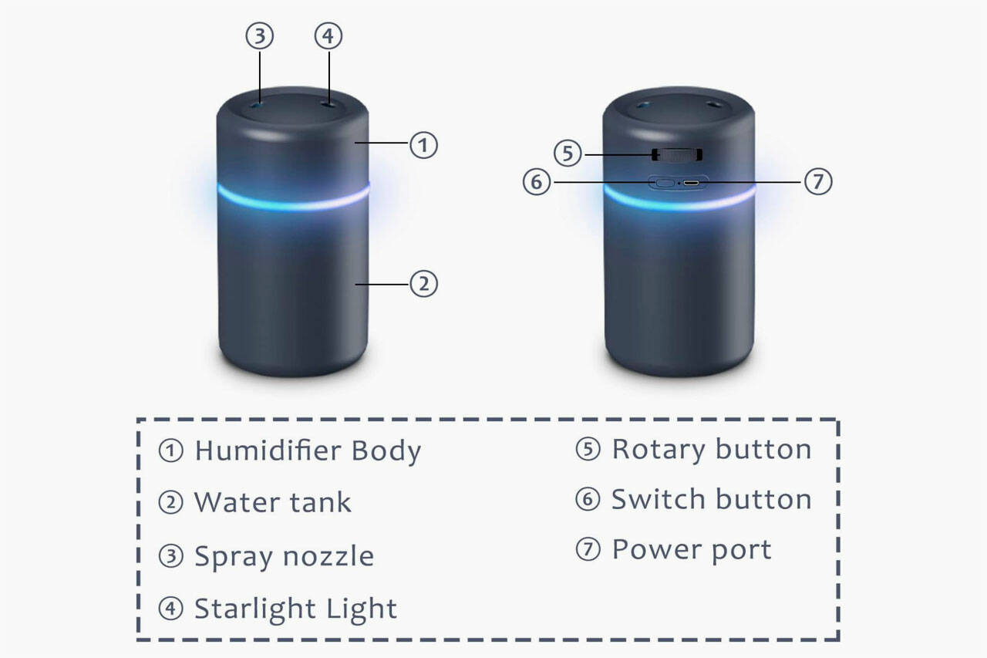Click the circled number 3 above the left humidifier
click(x=260, y=36)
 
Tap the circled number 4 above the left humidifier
click(x=328, y=36)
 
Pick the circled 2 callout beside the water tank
click(x=423, y=284)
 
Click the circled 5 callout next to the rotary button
click(x=568, y=154)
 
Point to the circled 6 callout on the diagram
click(x=537, y=183)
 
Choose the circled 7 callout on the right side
click(x=818, y=182)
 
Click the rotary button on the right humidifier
click(x=677, y=155)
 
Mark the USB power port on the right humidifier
click(x=692, y=184)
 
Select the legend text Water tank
click(x=272, y=502)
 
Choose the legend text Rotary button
click(x=711, y=449)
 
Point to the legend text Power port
click(x=691, y=550)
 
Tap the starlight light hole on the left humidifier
click(x=328, y=103)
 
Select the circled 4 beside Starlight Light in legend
click(x=170, y=609)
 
